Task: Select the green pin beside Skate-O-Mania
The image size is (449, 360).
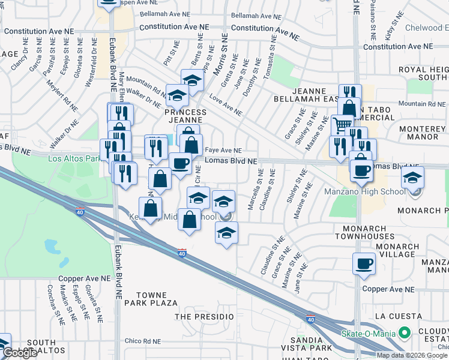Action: click(405, 332)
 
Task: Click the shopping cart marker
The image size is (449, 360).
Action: click(342, 125)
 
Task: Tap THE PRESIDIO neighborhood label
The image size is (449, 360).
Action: click(203, 316)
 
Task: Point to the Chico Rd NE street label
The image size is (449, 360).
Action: click(143, 341)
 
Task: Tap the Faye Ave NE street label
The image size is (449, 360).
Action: click(223, 151)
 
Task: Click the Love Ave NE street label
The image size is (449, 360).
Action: click(226, 104)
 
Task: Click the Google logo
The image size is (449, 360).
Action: click(20, 353)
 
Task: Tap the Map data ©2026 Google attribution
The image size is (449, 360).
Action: click(412, 355)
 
